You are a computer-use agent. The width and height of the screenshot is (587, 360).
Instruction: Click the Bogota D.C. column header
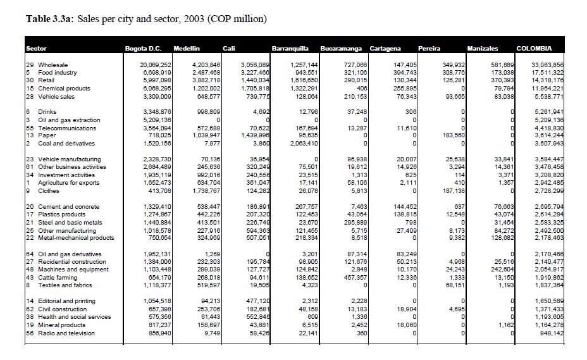pyautogui.click(x=140, y=49)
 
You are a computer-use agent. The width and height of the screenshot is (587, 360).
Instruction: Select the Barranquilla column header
pyautogui.click(x=290, y=49)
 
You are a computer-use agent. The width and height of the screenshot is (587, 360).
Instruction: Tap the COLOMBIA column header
pyautogui.click(x=534, y=49)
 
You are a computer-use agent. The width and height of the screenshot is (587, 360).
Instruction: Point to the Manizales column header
pyautogui.click(x=483, y=49)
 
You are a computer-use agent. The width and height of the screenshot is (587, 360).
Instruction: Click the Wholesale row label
pyautogui.click(x=53, y=65)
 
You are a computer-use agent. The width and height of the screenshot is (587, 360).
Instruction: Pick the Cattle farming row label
pyautogui.click(x=59, y=277)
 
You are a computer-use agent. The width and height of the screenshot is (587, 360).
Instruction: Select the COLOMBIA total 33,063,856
pyautogui.click(x=547, y=65)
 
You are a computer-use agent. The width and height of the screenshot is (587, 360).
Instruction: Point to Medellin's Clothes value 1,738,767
pyautogui.click(x=204, y=190)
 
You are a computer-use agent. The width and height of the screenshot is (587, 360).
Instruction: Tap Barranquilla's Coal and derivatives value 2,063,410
pyautogui.click(x=302, y=144)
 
